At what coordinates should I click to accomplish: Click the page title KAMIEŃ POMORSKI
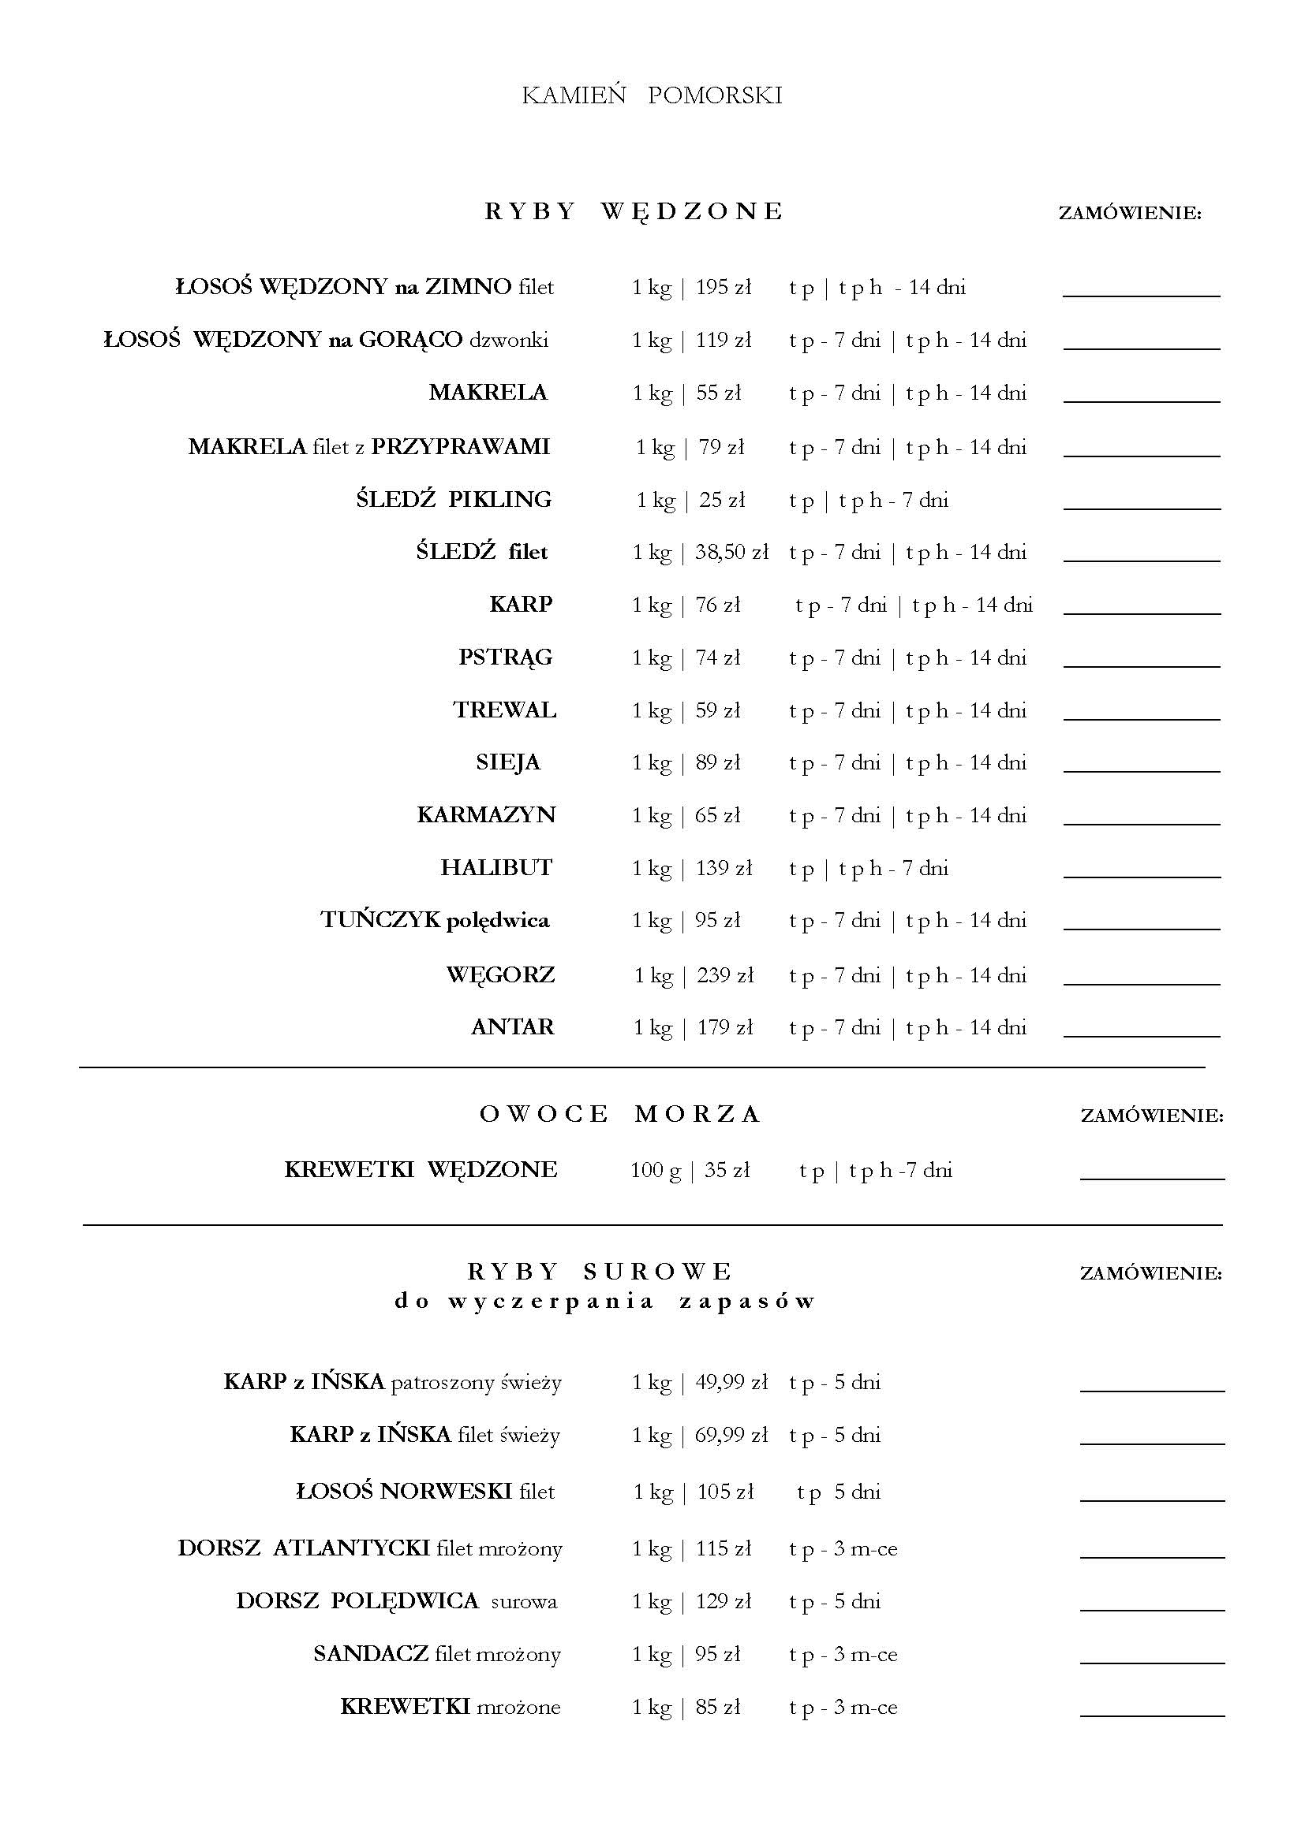[652, 96]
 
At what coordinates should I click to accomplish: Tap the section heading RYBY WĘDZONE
[634, 211]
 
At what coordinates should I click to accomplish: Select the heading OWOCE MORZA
[619, 1114]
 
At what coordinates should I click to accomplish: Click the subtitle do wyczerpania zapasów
[605, 1300]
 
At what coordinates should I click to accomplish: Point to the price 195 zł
[724, 288]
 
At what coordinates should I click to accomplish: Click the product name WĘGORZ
[501, 975]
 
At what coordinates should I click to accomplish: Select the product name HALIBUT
[496, 868]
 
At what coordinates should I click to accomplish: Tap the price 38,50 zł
[732, 553]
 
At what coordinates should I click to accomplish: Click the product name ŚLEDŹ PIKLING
[454, 500]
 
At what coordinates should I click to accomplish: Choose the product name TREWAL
[505, 711]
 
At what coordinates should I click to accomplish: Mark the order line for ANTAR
[1141, 1035]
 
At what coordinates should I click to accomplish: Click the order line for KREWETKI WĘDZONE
[1151, 1178]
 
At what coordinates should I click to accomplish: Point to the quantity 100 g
[655, 1170]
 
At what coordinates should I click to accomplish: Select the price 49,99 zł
[731, 1382]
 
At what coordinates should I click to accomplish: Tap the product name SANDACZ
[372, 1655]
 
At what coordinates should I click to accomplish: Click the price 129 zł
[724, 1601]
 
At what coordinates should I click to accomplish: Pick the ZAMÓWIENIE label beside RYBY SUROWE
[1150, 1273]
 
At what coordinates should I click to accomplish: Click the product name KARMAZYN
[486, 815]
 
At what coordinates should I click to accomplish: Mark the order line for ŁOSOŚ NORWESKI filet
[1151, 1499]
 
